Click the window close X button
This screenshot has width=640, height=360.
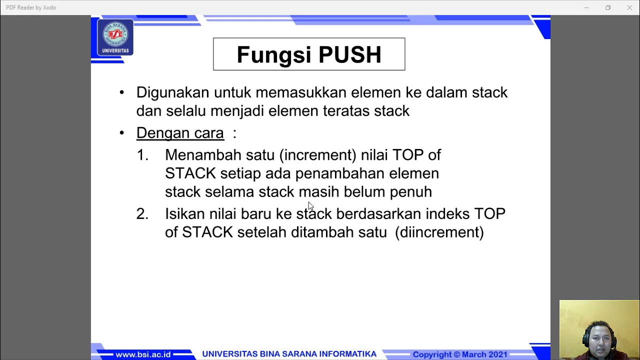pos(629,7)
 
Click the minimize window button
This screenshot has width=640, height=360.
pos(586,7)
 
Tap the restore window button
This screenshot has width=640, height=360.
pos(608,7)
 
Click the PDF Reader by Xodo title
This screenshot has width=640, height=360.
pos(31,7)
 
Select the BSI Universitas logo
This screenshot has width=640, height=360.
pos(115,37)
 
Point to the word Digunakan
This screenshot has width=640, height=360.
pos(172,92)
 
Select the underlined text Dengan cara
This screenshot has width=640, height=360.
pos(180,133)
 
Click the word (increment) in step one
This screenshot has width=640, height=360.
pos(318,155)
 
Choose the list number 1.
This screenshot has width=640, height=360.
pos(142,155)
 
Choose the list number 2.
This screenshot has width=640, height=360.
pos(142,214)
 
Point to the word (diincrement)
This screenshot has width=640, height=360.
pos(439,232)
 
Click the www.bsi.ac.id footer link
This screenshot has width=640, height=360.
pos(143,354)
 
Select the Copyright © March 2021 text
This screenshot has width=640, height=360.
pos(459,354)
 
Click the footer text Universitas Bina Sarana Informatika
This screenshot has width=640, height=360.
pos(289,354)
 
